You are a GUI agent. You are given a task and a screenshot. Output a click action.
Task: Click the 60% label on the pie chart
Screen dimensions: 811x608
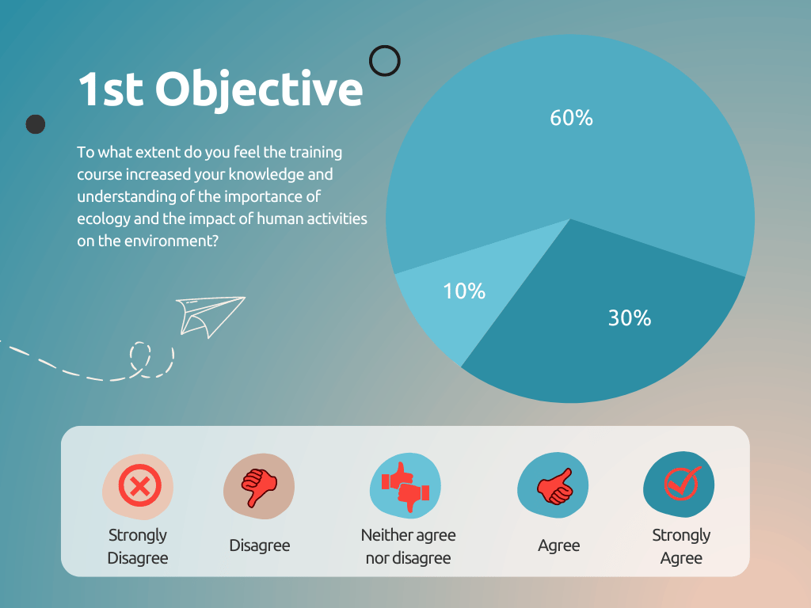(571, 118)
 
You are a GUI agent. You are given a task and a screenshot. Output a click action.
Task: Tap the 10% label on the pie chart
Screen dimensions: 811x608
(464, 291)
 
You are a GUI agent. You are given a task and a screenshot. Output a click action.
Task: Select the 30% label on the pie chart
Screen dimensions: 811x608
(630, 318)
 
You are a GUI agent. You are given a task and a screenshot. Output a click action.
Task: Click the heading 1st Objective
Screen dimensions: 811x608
(220, 89)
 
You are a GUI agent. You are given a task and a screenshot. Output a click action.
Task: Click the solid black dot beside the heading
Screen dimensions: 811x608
(36, 124)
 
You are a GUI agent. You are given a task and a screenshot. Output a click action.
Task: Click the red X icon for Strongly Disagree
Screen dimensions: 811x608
(139, 485)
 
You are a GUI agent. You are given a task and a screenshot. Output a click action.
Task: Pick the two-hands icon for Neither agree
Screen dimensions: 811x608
(405, 487)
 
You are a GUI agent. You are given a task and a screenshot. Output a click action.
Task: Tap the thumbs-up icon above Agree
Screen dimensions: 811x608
(555, 487)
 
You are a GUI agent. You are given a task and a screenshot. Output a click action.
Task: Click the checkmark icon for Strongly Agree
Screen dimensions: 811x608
(682, 484)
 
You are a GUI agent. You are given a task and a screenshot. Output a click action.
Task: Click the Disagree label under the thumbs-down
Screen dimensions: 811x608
(260, 545)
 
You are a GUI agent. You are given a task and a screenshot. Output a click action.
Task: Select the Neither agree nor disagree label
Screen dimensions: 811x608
(408, 546)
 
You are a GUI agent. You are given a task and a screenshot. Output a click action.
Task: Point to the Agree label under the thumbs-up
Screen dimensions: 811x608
(558, 546)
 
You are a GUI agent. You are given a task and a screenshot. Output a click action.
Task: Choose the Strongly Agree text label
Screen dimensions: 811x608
(681, 546)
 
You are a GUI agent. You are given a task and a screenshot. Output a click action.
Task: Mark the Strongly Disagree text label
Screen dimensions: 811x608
(138, 546)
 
